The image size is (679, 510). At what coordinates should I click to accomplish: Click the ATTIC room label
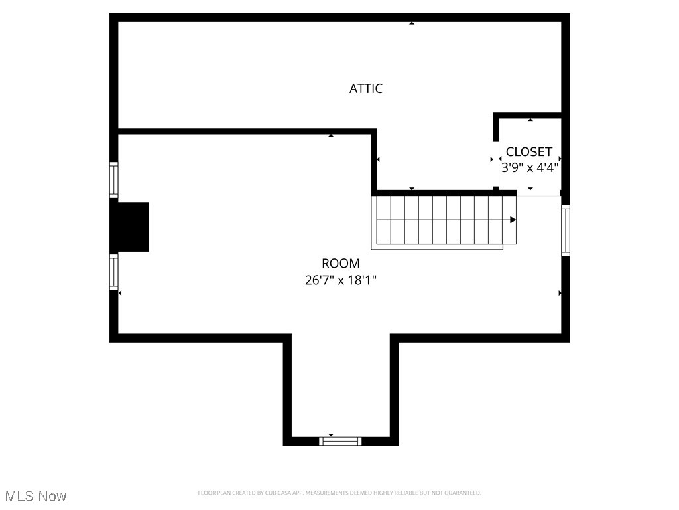[366, 88]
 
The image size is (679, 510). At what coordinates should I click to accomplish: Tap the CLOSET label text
[528, 152]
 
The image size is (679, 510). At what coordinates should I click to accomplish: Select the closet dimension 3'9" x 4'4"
[529, 167]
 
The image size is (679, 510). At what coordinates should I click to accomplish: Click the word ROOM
[341, 264]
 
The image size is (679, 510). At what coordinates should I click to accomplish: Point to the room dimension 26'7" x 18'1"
[341, 280]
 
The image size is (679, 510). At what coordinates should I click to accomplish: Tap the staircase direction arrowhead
[513, 220]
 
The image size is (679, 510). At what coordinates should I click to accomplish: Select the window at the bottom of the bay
[340, 440]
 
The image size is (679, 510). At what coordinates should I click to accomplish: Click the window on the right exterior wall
[566, 230]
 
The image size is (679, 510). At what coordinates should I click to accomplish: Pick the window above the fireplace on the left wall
[114, 179]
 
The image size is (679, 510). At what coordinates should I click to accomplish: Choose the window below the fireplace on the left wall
[114, 272]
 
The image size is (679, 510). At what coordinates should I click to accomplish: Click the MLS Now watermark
[36, 496]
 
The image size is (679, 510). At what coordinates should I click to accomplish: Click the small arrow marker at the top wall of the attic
[412, 23]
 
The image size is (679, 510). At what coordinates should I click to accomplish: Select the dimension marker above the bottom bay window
[331, 435]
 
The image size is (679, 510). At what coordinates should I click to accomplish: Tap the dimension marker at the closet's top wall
[530, 120]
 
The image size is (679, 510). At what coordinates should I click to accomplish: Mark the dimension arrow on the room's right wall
[560, 293]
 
